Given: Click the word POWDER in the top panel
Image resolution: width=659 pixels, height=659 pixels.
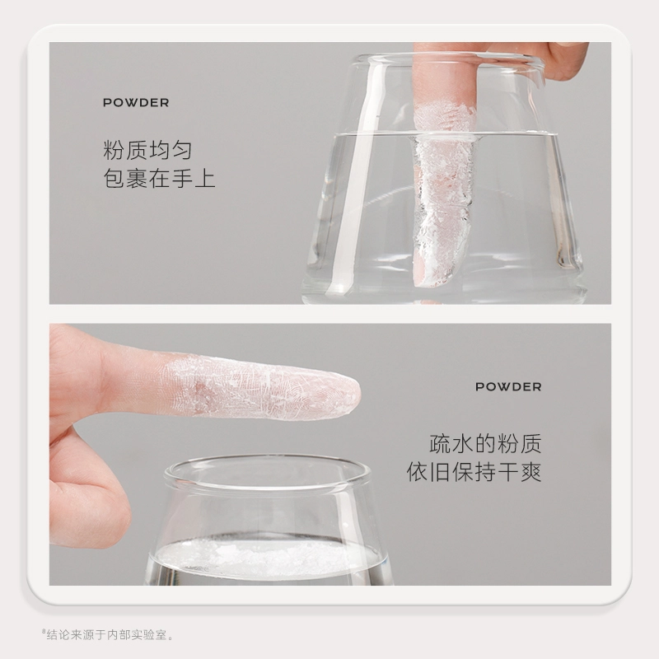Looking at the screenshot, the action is coord(136,103).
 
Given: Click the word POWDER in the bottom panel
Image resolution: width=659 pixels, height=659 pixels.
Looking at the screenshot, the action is coord(508,387).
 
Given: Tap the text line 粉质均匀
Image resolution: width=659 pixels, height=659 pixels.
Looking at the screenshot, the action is coord(147,150).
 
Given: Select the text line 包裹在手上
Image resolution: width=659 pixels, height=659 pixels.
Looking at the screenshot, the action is coord(159,178).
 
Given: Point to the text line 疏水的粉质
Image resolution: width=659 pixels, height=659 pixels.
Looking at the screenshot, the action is coord(485,444).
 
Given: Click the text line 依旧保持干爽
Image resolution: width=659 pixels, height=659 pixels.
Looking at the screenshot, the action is coord(474,472).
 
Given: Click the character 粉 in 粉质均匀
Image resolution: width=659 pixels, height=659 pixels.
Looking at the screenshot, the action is coord(114,150).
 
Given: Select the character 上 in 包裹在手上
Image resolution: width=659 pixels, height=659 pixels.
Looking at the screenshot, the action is coord(204,178).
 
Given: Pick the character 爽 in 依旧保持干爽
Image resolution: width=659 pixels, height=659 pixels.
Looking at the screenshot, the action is coord(530,472).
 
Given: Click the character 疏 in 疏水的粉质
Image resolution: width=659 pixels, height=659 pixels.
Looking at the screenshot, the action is coord(440,444).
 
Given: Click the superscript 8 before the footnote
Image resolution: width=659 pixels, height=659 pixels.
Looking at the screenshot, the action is coord(44,631).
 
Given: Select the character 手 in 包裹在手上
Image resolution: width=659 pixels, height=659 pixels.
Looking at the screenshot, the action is coord(182,178).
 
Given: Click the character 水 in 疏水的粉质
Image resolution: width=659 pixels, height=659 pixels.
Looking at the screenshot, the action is coord(463,444).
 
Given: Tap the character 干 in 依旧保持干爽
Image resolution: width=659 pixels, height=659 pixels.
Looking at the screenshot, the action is coord(508,472).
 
